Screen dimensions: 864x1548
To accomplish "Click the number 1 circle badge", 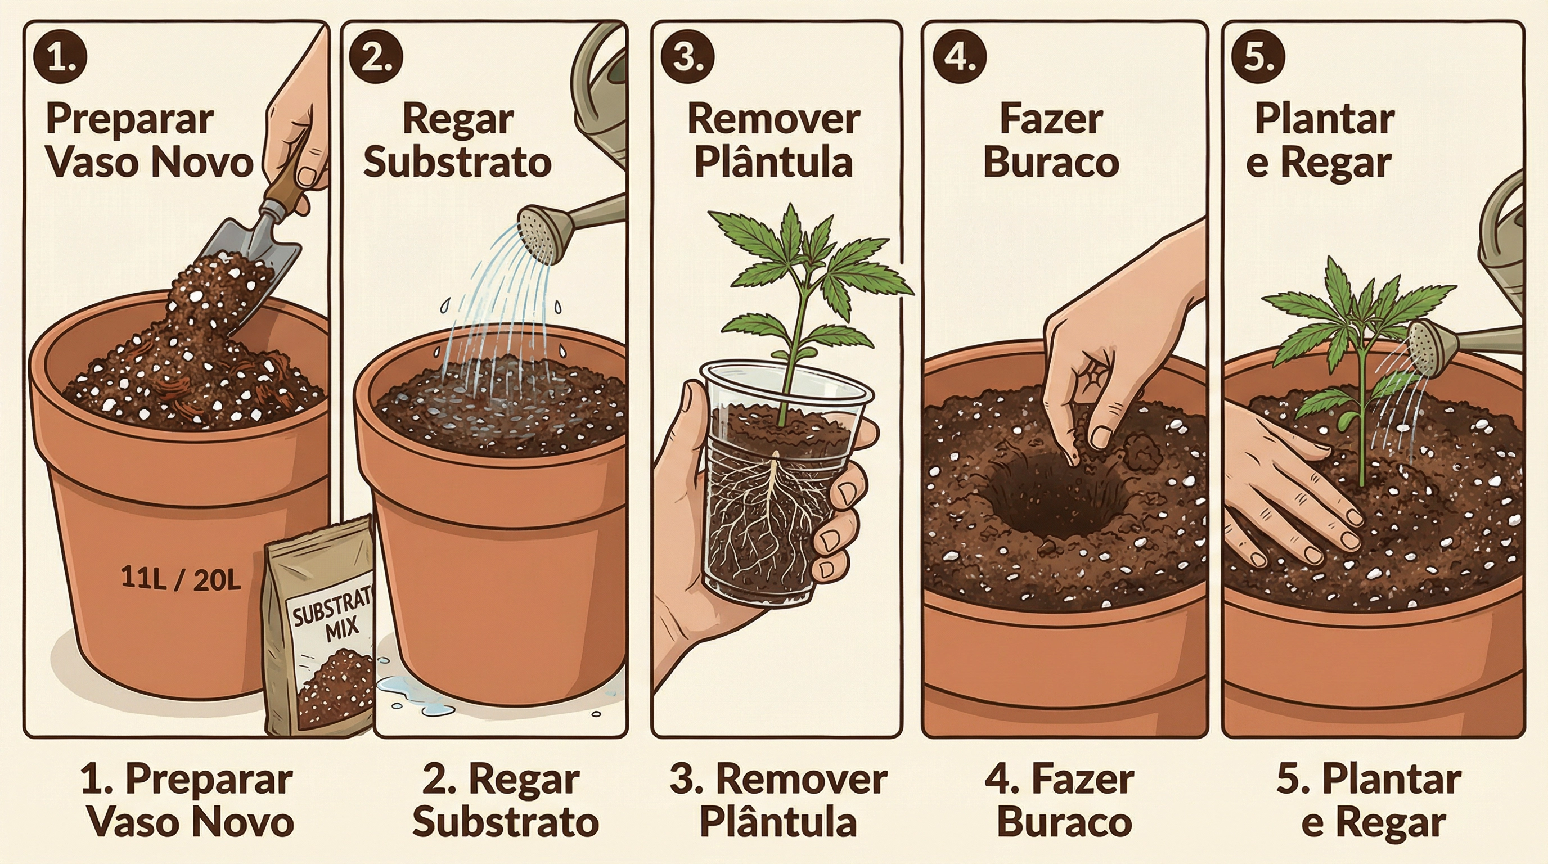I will click(x=60, y=59).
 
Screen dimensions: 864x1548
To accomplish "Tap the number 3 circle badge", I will click(x=687, y=59).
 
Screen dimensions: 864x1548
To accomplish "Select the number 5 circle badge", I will click(x=1258, y=59).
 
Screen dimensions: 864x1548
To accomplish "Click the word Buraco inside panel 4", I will click(x=1051, y=161).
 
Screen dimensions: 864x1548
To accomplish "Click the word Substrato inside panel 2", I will click(x=457, y=161).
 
